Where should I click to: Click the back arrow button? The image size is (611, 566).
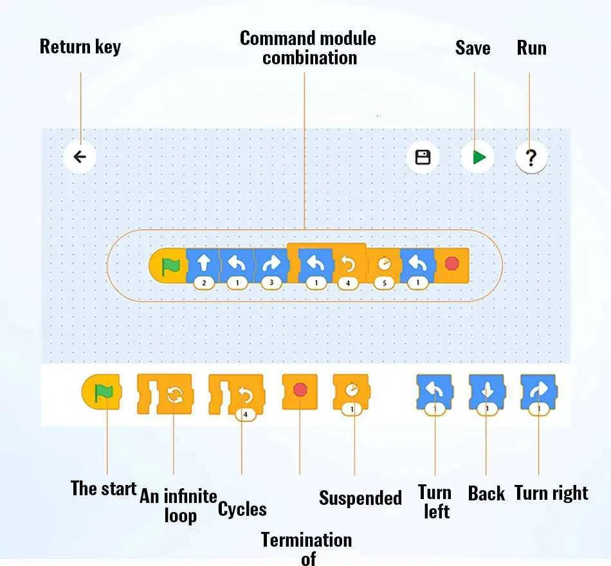(x=80, y=157)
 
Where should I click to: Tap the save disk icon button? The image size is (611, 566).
(x=423, y=157)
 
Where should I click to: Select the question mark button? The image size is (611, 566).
(x=531, y=157)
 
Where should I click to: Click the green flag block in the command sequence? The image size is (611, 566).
(x=170, y=265)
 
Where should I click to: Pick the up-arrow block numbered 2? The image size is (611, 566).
(x=203, y=265)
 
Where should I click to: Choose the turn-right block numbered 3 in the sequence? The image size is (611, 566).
(x=271, y=265)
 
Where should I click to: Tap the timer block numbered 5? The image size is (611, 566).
(x=384, y=265)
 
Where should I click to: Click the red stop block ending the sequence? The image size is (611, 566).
(x=452, y=264)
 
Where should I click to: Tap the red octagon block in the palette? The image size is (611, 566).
(x=300, y=390)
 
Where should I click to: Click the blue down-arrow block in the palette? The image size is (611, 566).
(x=487, y=391)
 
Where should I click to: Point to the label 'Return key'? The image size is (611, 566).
(x=80, y=47)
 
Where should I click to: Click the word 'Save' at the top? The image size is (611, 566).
(x=473, y=48)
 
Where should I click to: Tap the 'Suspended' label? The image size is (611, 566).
(x=360, y=498)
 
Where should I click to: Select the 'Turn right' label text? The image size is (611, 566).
(x=551, y=493)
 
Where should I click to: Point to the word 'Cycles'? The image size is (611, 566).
(x=242, y=509)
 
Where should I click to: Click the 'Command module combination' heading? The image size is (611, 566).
(x=308, y=48)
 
